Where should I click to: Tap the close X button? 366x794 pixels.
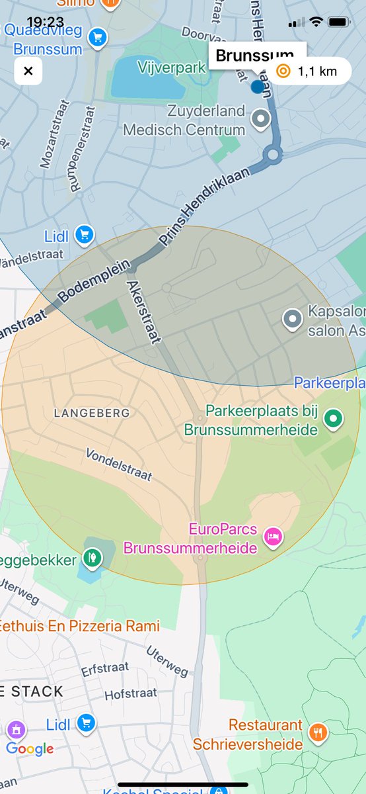28,71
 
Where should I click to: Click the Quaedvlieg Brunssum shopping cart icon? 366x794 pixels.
97,38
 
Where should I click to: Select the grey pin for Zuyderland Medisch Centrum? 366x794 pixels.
262,119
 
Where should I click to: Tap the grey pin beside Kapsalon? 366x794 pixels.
292,319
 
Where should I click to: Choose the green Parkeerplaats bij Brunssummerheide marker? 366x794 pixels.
334,418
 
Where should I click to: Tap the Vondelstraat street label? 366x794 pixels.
119,465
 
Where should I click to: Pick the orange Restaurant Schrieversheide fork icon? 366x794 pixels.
318,731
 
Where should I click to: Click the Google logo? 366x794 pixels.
30,749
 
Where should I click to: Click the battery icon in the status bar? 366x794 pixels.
338,22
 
